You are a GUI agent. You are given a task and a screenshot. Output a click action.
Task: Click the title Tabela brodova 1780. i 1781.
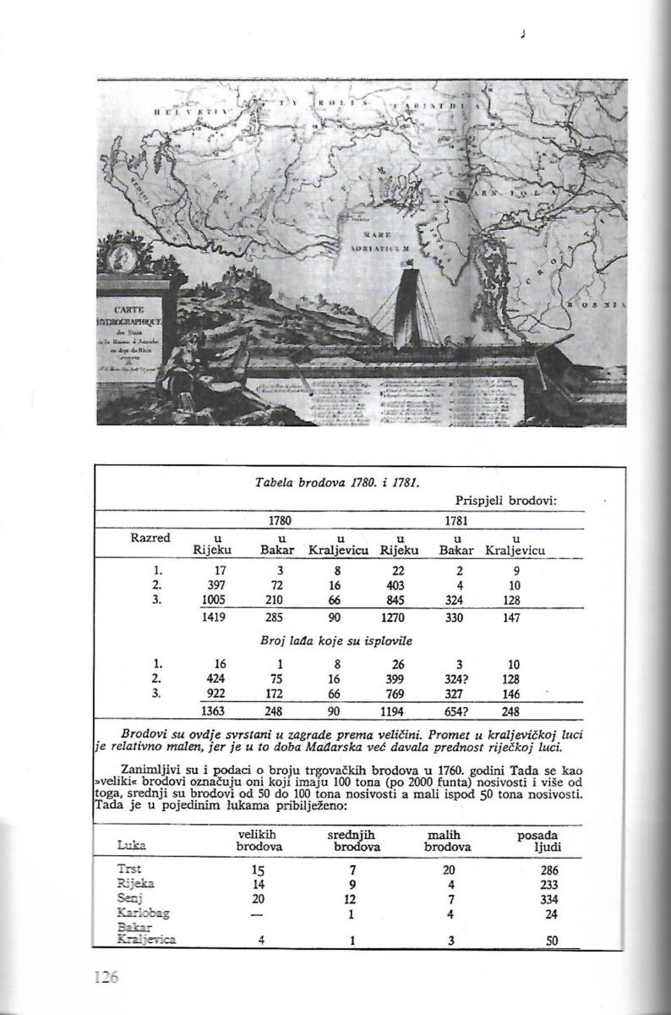click(336, 483)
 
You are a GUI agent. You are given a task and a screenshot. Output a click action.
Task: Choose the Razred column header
click(151, 538)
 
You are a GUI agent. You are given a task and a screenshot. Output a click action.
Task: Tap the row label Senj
click(129, 897)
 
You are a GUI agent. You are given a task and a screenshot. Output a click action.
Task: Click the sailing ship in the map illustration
click(406, 304)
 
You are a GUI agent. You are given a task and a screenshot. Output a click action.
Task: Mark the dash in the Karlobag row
click(259, 913)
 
